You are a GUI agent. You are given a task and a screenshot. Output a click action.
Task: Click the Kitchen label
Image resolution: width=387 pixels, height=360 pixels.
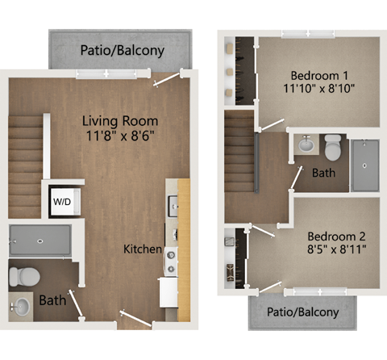point(142,249)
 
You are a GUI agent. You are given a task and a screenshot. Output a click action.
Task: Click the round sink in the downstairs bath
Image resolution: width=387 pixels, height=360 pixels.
point(23,306)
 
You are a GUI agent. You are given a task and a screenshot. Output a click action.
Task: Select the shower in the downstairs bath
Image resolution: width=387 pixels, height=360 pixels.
point(40,240)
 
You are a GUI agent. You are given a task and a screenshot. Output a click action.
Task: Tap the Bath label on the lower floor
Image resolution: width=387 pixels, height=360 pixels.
point(53,299)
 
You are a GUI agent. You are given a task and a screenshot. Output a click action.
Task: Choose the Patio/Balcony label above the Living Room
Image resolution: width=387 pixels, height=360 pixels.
point(123,50)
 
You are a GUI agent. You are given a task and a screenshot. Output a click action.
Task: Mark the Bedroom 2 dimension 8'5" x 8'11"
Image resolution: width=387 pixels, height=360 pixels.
point(337,251)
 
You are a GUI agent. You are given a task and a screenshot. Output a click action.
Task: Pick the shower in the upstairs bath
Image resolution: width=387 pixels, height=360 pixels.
point(365,164)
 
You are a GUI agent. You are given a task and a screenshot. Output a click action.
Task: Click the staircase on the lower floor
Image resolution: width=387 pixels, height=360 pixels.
point(25,165)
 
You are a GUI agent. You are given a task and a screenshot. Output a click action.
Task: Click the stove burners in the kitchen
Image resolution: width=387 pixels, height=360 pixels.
point(171,260)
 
